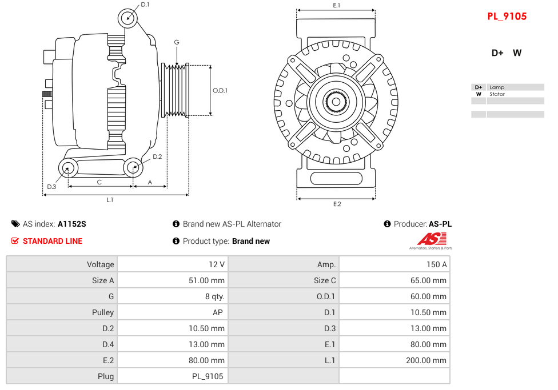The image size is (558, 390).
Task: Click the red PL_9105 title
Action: pyautogui.click(x=507, y=17)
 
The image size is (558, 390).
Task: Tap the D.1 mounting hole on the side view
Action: pyautogui.click(x=128, y=18)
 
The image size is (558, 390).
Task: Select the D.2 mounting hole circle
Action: pyautogui.click(x=133, y=167)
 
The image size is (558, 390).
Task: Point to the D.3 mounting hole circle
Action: pyautogui.click(x=69, y=168)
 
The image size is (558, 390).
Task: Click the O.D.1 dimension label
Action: pyautogui.click(x=220, y=90)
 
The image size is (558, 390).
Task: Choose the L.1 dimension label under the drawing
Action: pyautogui.click(x=110, y=200)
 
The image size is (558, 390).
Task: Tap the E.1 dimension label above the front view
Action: pyautogui.click(x=336, y=5)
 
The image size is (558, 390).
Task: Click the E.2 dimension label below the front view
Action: pyautogui.click(x=337, y=204)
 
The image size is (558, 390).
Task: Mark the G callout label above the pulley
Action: pyautogui.click(x=177, y=42)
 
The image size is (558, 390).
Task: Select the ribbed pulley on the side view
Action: pyautogui.click(x=176, y=90)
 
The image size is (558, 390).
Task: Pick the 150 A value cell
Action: pyautogui.click(x=437, y=264)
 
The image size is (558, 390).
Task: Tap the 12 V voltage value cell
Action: pyautogui.click(x=217, y=264)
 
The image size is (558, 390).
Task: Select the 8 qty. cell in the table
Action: pyautogui.click(x=214, y=296)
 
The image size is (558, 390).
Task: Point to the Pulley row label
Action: pyautogui.click(x=103, y=312)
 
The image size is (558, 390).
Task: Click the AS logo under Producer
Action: pyautogui.click(x=431, y=240)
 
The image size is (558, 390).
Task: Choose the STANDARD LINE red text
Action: pyautogui.click(x=53, y=241)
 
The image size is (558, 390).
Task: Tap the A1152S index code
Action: pyautogui.click(x=72, y=224)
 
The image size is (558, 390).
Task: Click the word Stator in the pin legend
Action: pyautogui.click(x=497, y=94)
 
